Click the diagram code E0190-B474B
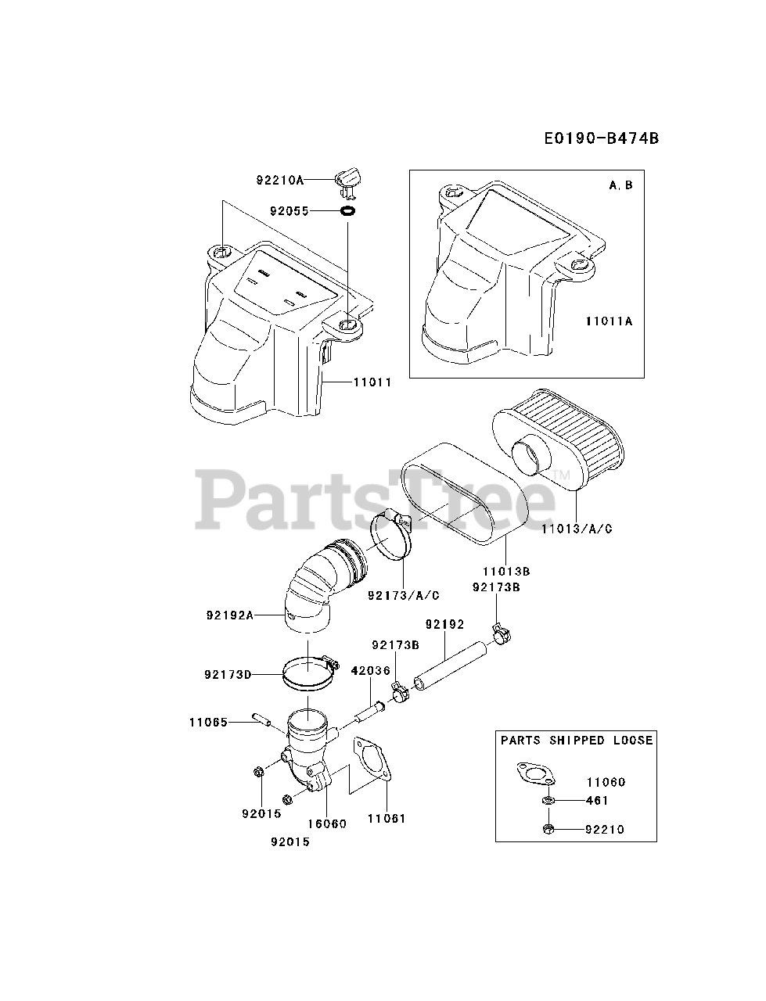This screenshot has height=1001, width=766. [602, 138]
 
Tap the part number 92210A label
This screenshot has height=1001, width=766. [279, 180]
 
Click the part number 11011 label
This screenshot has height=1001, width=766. [372, 382]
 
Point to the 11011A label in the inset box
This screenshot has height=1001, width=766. [609, 321]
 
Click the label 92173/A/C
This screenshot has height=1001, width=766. [403, 595]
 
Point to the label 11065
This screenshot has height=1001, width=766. [208, 722]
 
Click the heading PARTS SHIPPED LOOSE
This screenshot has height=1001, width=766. [577, 740]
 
